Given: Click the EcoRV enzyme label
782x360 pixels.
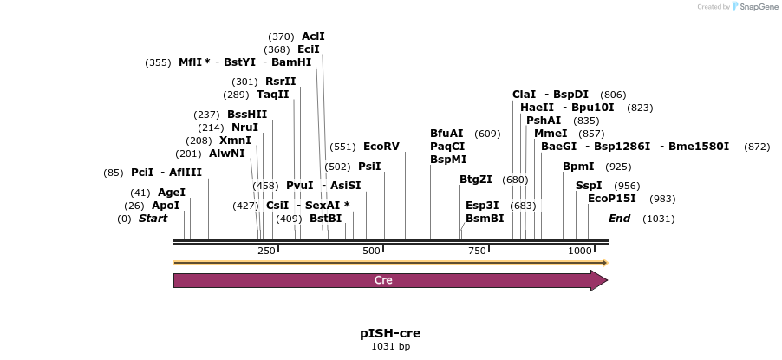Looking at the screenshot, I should click(381, 147).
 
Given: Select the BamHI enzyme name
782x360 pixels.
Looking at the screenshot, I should click(291, 62).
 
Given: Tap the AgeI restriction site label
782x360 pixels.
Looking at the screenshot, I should click(172, 193).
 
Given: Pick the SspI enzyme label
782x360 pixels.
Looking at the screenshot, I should click(589, 186).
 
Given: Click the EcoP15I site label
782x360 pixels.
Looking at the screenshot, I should click(612, 199).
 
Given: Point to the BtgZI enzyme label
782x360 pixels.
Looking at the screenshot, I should click(476, 180).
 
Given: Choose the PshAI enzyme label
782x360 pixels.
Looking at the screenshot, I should click(544, 121).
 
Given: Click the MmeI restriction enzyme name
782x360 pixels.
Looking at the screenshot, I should click(551, 134).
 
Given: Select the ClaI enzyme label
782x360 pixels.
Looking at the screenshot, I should click(525, 95).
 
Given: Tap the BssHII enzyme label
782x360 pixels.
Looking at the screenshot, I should click(247, 115).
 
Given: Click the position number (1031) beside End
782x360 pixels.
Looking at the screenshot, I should click(658, 219).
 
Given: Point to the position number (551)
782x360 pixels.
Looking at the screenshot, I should click(342, 147).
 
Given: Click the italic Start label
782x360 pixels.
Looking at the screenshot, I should click(153, 219).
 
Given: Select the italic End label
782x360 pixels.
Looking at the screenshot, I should click(620, 219).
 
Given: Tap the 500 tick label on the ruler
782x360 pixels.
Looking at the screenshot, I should click(372, 251).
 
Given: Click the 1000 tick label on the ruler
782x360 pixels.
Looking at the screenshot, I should click(579, 251).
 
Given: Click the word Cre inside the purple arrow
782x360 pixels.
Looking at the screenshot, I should click(383, 280).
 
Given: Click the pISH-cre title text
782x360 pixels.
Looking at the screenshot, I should click(390, 333).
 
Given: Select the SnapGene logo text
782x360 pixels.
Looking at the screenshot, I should click(758, 7).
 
